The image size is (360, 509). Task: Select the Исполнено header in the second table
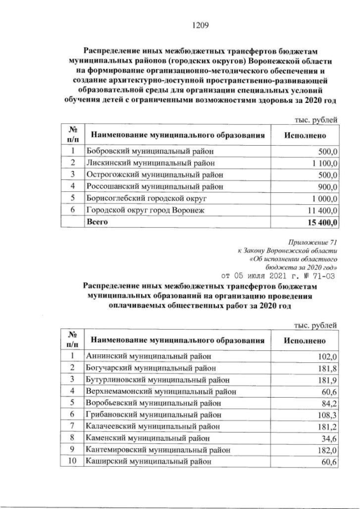pyautogui.click(x=304, y=340)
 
